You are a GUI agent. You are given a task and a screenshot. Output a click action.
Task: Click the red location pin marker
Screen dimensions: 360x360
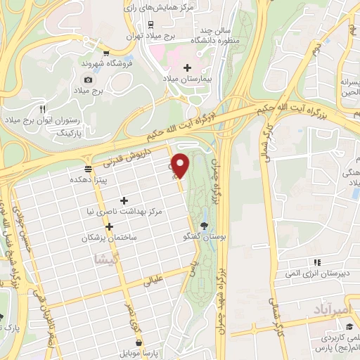(x=181, y=165)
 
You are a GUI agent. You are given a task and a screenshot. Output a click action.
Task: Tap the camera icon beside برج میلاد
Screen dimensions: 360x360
(x=88, y=79)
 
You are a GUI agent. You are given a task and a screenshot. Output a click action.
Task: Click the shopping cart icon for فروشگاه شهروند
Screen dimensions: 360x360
(x=105, y=53)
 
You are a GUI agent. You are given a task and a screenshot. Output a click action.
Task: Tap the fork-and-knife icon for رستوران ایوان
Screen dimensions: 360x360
(x=43, y=109)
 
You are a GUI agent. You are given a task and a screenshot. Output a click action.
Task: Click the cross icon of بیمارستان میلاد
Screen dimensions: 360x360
(x=186, y=67)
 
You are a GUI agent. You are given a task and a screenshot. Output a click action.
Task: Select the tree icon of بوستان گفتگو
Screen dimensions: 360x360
(x=205, y=226)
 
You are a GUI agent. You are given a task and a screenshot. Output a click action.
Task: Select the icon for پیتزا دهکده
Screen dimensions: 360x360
(x=88, y=169)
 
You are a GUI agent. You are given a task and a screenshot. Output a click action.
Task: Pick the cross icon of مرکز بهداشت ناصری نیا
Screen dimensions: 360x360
(x=124, y=201)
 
